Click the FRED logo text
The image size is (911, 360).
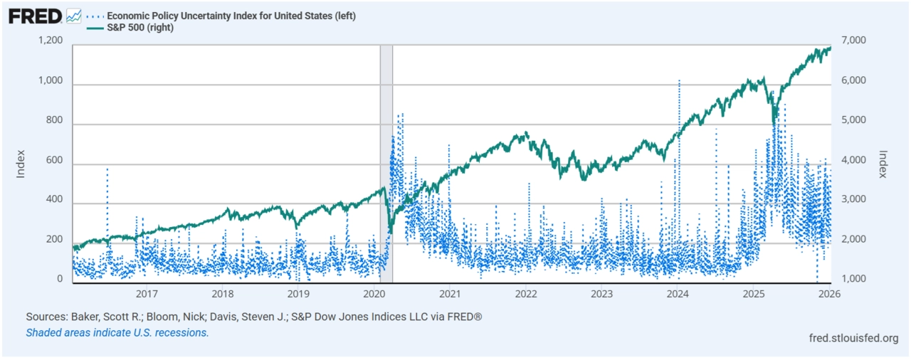tap(34, 16)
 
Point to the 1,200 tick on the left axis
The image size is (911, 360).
tap(53, 43)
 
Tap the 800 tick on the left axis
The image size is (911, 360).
tap(58, 122)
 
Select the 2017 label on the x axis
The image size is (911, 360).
tap(147, 293)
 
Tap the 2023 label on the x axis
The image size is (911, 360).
tap(602, 293)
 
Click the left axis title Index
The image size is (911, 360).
tap(21, 163)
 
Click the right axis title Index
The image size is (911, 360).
tap(884, 164)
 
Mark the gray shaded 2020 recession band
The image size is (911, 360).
tap(386, 164)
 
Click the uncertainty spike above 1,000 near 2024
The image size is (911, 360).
tap(679, 82)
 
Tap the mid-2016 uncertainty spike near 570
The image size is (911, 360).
tap(107, 171)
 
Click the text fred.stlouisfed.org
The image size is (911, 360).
tap(854, 338)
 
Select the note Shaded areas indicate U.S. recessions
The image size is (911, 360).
tap(117, 332)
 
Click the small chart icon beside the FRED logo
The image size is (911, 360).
tap(73, 16)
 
